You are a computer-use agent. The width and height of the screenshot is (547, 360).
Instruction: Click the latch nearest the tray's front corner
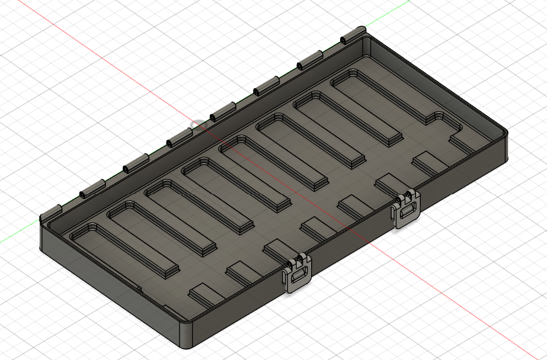pos(297,274)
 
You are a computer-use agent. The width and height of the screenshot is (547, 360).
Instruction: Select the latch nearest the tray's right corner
pos(406,208)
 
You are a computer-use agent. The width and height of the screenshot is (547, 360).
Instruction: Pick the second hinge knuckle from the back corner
pos(309,59)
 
